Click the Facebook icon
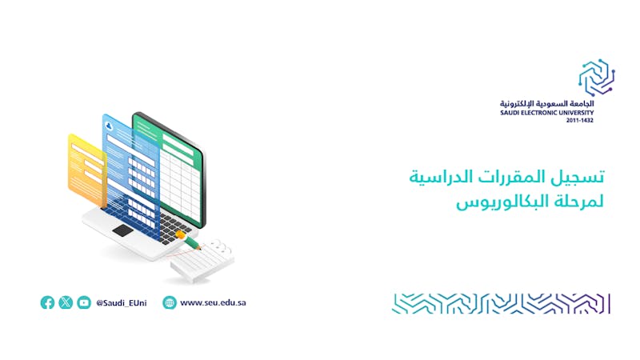(47, 302)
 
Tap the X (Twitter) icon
(66, 302)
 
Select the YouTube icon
(84, 302)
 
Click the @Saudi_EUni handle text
(122, 303)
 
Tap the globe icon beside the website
(170, 302)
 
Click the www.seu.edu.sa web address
(213, 302)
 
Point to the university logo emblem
(596, 77)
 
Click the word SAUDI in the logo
(509, 113)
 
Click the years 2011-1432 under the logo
(579, 121)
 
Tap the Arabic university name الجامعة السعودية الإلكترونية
(547, 104)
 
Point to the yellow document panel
(87, 170)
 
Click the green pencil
(190, 240)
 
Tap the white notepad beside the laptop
(202, 262)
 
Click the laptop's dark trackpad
(123, 230)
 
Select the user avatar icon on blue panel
(109, 126)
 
